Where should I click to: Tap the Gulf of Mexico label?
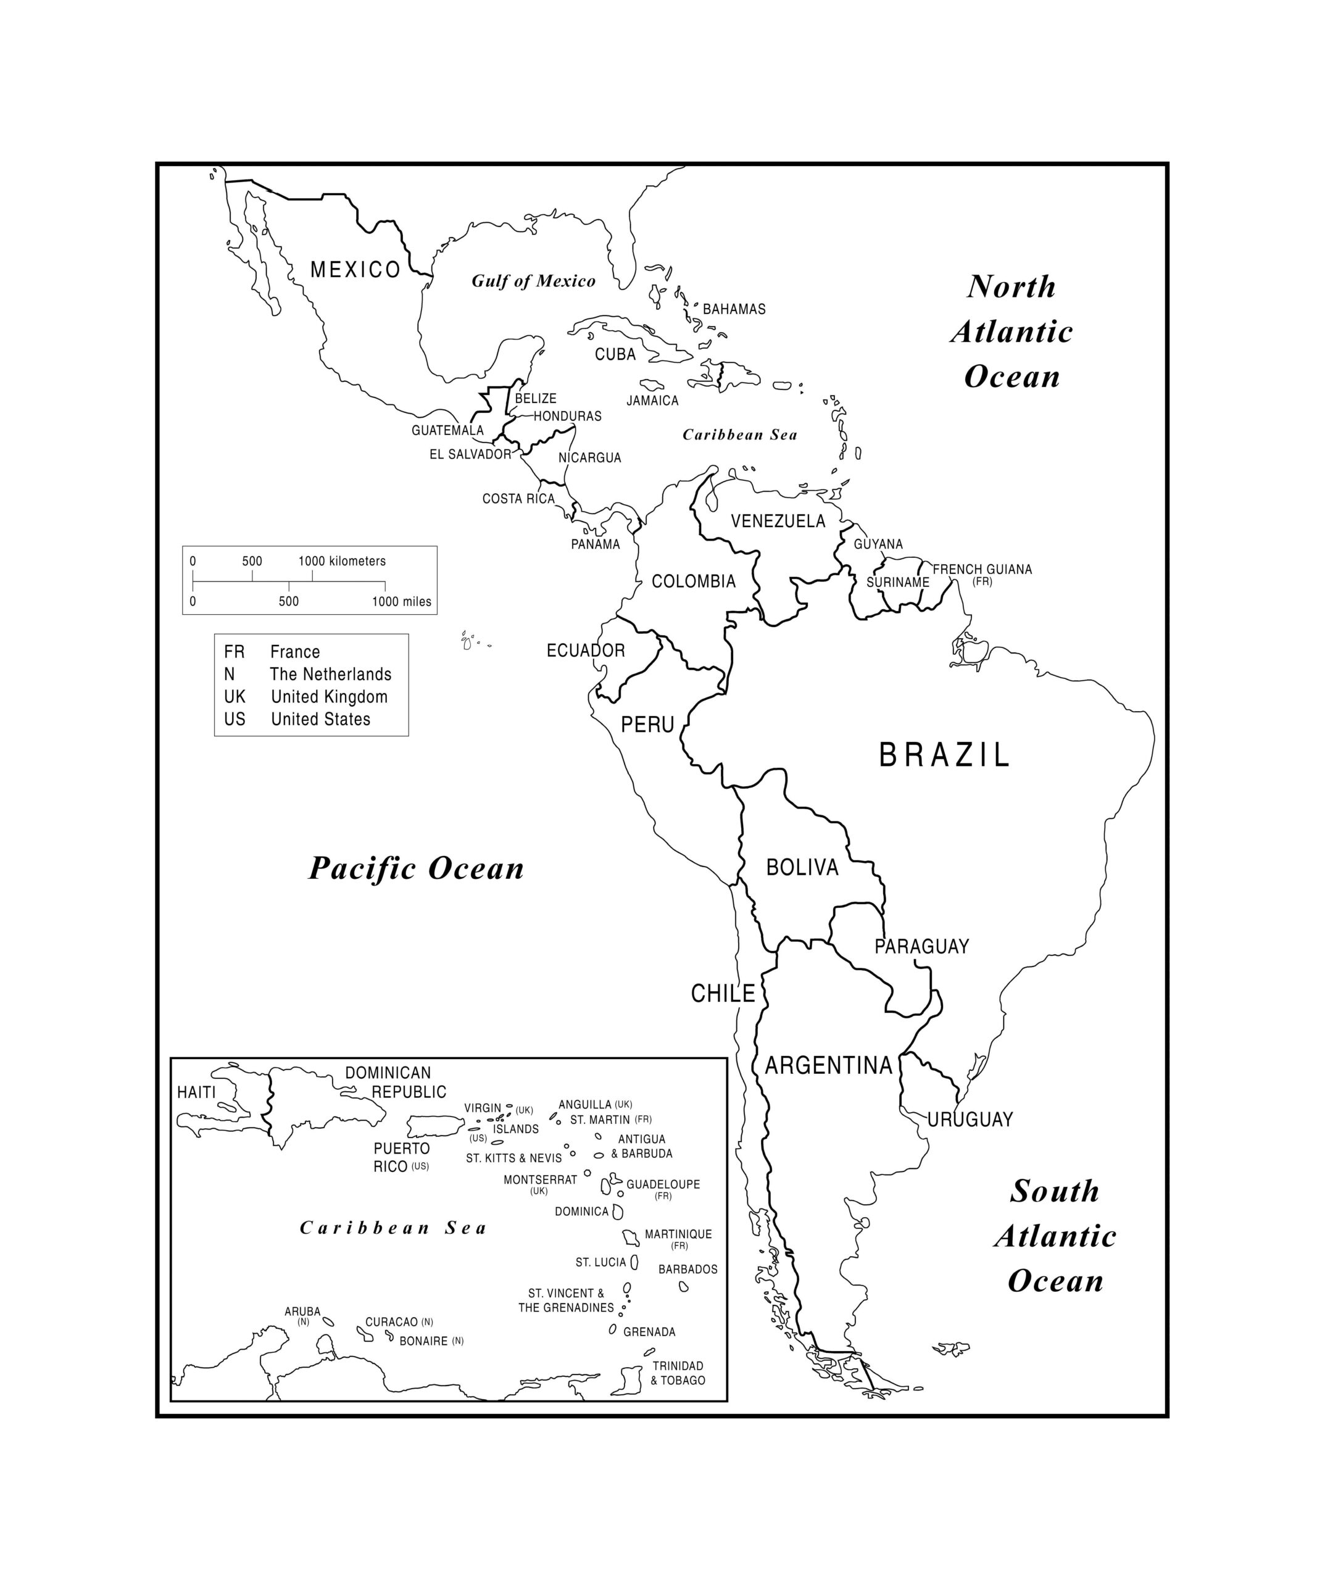coord(533,281)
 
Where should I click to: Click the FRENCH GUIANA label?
coord(981,570)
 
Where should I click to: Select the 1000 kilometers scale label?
coord(342,561)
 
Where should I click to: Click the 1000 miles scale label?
coord(401,602)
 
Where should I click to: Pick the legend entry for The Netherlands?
coord(330,674)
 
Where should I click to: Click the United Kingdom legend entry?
coord(329,697)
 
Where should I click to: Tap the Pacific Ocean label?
coord(416,868)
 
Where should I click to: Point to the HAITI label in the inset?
coord(196,1092)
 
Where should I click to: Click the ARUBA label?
coord(302,1312)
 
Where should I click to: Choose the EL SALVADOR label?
coord(470,454)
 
